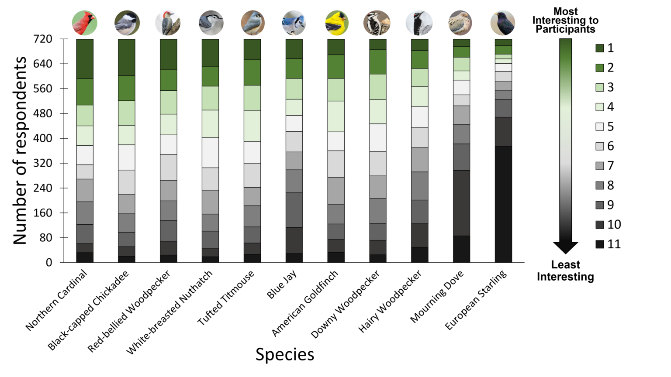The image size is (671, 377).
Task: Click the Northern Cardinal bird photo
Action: (84, 23)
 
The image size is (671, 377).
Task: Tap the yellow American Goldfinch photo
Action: (336, 23)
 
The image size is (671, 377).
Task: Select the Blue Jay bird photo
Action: (294, 23)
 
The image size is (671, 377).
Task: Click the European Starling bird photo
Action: (503, 23)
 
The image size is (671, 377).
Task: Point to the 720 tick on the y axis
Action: (43, 39)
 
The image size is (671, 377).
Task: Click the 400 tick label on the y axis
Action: (43, 138)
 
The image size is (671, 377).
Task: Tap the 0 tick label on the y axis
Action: (48, 263)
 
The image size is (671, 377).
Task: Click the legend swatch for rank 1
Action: (600, 48)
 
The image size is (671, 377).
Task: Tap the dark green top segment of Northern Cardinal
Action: (85, 59)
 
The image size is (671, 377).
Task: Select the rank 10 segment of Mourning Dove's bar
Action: (461, 203)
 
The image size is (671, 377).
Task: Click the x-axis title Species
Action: (285, 354)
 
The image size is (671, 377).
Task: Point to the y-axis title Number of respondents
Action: (20, 151)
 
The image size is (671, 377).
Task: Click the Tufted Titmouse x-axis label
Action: (226, 298)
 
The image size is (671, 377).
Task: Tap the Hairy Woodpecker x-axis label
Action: (390, 301)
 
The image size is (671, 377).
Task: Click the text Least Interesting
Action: (565, 271)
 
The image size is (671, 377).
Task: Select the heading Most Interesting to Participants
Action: (565, 20)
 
